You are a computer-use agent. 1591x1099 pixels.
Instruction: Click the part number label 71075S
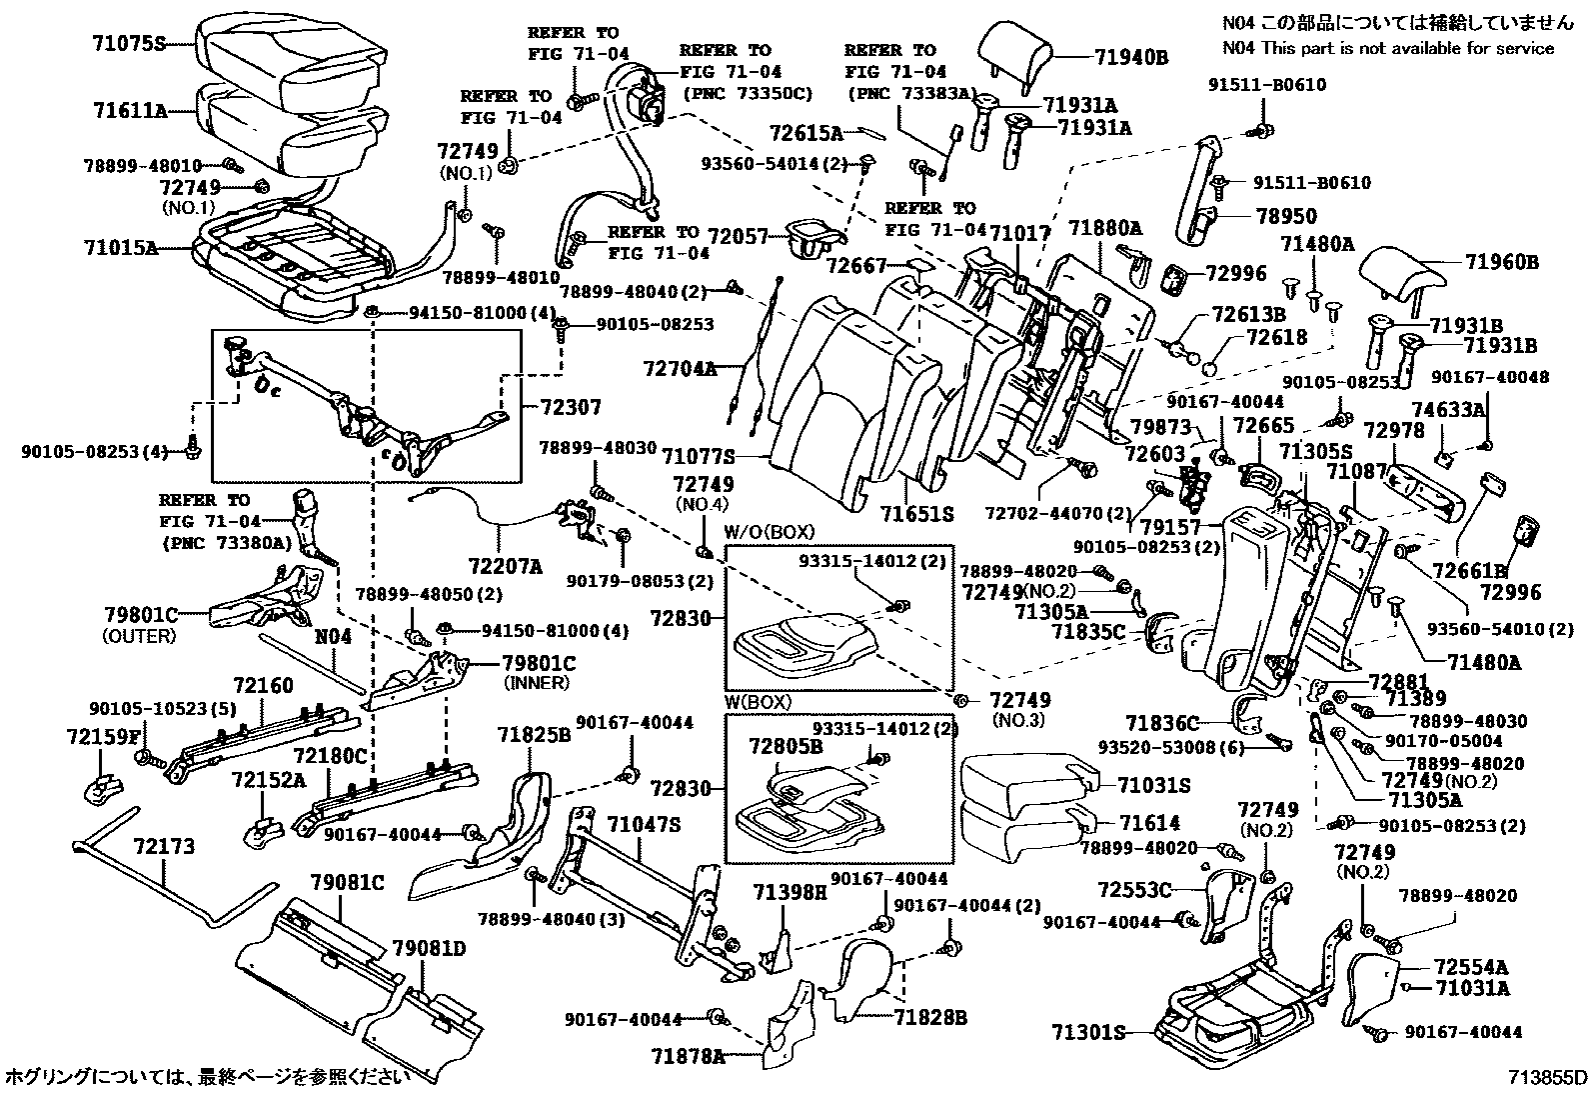[127, 43]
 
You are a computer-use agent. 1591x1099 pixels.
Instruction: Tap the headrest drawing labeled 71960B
[1397, 271]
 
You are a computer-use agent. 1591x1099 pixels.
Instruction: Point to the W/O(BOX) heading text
[770, 531]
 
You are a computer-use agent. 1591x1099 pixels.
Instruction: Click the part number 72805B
[786, 745]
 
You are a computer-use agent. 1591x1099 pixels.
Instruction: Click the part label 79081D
[430, 947]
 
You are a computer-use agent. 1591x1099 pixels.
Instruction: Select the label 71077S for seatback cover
[697, 457]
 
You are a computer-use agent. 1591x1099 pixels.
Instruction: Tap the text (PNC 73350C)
[747, 94]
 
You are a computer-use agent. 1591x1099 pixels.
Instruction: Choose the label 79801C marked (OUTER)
[140, 614]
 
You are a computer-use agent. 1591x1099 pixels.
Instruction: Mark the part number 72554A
[1470, 967]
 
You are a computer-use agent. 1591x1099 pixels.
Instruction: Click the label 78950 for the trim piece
[1286, 216]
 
